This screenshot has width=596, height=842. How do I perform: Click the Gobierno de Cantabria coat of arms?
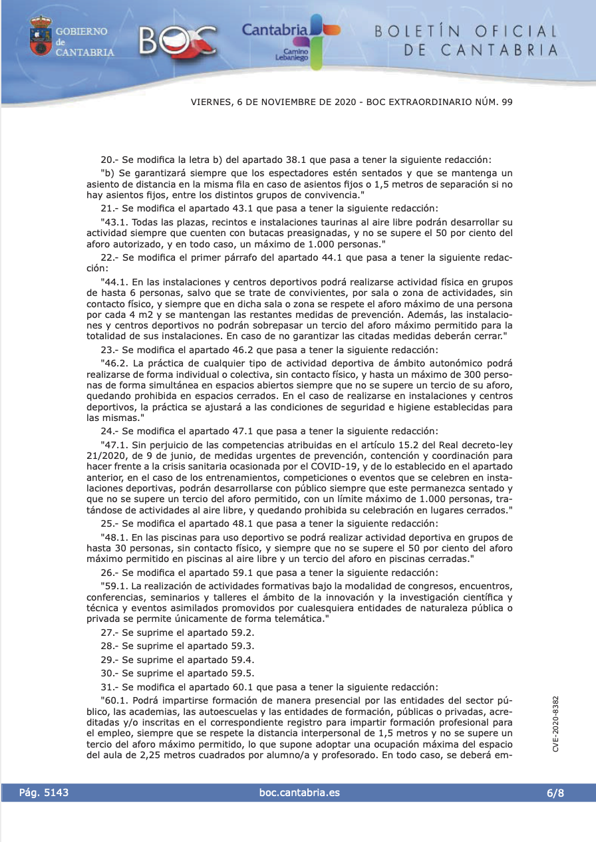click(41, 37)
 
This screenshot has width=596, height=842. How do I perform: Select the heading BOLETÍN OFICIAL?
click(466, 31)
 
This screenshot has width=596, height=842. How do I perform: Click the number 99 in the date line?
click(507, 102)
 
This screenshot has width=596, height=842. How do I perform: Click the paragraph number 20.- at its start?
click(108, 160)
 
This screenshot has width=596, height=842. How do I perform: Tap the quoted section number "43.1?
click(114, 221)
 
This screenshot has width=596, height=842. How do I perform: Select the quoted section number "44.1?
click(114, 283)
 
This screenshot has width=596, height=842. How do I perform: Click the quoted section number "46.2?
click(114, 363)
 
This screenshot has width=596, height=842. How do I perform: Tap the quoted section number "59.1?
click(114, 587)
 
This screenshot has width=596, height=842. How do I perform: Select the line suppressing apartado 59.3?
click(177, 646)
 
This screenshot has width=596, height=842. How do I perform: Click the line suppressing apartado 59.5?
click(177, 673)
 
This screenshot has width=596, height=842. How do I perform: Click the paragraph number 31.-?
click(108, 686)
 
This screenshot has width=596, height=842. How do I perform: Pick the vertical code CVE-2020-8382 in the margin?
click(555, 724)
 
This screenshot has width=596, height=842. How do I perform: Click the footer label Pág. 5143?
click(44, 793)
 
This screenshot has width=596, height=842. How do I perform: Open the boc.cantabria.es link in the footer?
click(299, 793)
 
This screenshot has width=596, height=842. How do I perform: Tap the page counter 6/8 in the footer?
click(555, 793)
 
